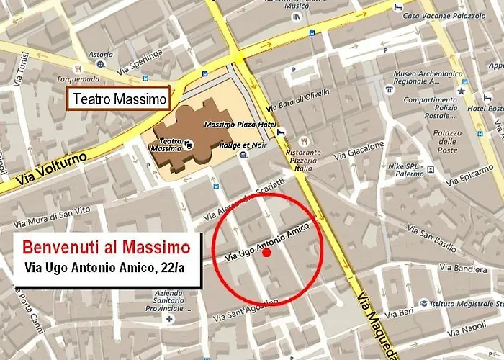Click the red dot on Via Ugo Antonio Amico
click(x=266, y=253)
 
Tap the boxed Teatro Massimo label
click(x=119, y=98)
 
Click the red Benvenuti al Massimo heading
click(x=107, y=248)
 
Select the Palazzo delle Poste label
click(x=447, y=142)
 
